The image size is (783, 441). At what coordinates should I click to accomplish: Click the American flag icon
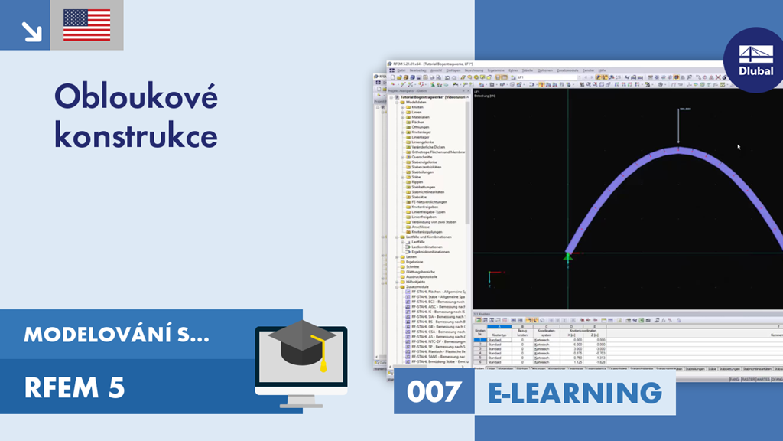pyautogui.click(x=86, y=25)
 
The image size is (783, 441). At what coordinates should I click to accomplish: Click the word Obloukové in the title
pyautogui.click(x=136, y=97)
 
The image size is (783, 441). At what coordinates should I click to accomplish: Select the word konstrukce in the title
pyautogui.click(x=135, y=137)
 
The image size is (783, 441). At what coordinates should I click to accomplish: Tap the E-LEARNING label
pyautogui.click(x=574, y=393)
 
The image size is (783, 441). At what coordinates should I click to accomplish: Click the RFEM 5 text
pyautogui.click(x=74, y=389)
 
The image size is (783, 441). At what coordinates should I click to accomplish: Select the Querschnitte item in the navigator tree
pyautogui.click(x=423, y=157)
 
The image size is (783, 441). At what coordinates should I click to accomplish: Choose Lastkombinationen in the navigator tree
pyautogui.click(x=428, y=247)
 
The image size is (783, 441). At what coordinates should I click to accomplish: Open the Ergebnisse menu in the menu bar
pyautogui.click(x=495, y=70)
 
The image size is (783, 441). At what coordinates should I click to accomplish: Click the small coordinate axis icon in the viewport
pyautogui.click(x=493, y=273)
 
